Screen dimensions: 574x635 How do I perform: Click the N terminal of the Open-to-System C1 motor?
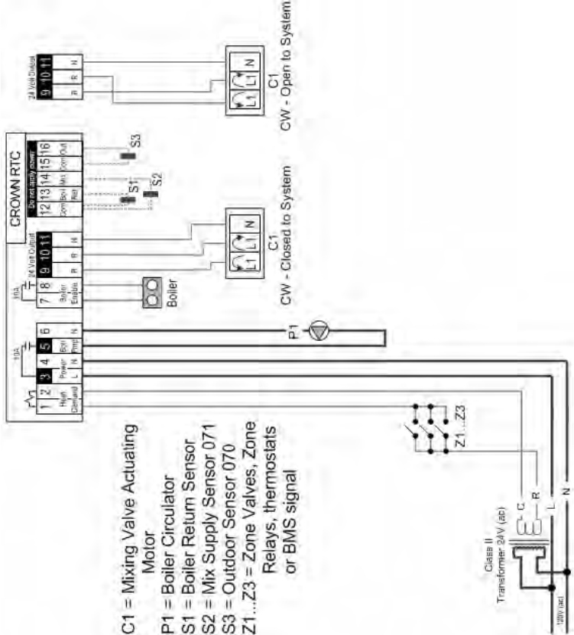pos(251,54)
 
